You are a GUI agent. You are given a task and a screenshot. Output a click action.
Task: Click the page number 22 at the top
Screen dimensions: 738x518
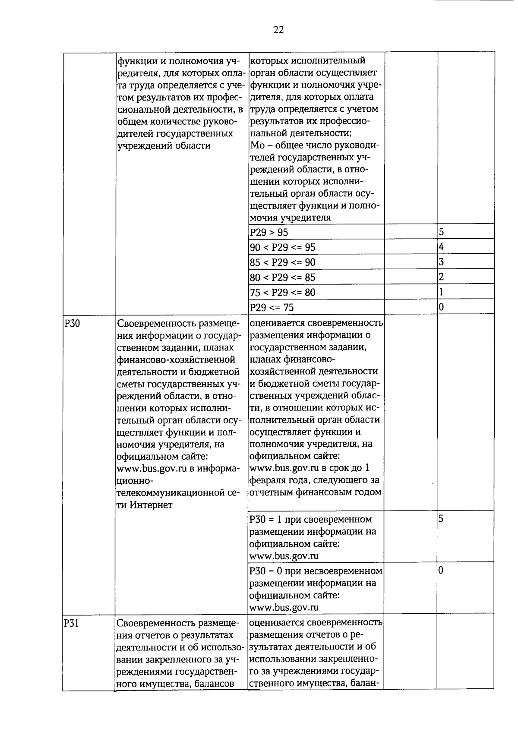(278, 30)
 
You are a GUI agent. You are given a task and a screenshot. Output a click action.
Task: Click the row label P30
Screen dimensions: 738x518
(72, 323)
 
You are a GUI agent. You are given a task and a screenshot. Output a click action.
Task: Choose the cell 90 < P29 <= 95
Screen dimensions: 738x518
(283, 247)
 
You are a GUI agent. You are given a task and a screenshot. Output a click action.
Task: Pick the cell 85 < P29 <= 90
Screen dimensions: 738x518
(283, 262)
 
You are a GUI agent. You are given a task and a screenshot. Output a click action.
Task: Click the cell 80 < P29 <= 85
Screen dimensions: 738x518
(283, 278)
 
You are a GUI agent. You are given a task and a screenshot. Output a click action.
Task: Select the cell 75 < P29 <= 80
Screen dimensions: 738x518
(283, 293)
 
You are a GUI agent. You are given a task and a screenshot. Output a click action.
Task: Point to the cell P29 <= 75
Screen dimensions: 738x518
(272, 308)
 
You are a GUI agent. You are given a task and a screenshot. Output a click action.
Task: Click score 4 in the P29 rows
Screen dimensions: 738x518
(442, 247)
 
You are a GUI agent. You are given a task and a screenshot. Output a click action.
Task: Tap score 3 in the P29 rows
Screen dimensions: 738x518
(442, 262)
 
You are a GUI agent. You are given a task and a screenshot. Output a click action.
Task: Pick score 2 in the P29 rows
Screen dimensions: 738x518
(442, 277)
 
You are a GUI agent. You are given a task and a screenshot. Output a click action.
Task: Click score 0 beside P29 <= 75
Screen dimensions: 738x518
(442, 307)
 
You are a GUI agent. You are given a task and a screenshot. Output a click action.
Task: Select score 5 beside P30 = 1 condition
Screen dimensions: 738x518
(441, 519)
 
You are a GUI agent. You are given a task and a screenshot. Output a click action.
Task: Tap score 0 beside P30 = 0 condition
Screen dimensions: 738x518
(441, 571)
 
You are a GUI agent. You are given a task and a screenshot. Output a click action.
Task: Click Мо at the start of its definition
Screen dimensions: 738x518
(257, 145)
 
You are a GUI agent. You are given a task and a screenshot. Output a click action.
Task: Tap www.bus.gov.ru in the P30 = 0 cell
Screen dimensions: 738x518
(284, 607)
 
